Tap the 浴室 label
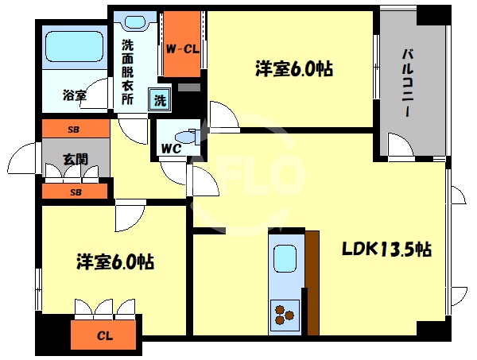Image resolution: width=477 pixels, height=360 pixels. [x=75, y=96]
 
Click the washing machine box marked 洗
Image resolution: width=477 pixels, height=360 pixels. [x=160, y=100]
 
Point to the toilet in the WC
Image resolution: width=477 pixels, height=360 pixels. [x=186, y=134]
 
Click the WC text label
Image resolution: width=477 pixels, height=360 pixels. [x=172, y=149]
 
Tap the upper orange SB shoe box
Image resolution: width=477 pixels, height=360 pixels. [x=75, y=128]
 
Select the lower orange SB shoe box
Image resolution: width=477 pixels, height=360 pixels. [x=75, y=192]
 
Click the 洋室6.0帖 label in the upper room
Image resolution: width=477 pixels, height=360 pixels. [x=293, y=69]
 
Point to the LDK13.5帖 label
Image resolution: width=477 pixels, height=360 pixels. [x=386, y=250]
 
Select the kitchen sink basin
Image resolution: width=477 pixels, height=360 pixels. [x=285, y=259]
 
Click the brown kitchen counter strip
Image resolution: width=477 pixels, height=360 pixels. [x=312, y=282]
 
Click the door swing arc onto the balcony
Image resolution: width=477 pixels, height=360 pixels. [x=395, y=145]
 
